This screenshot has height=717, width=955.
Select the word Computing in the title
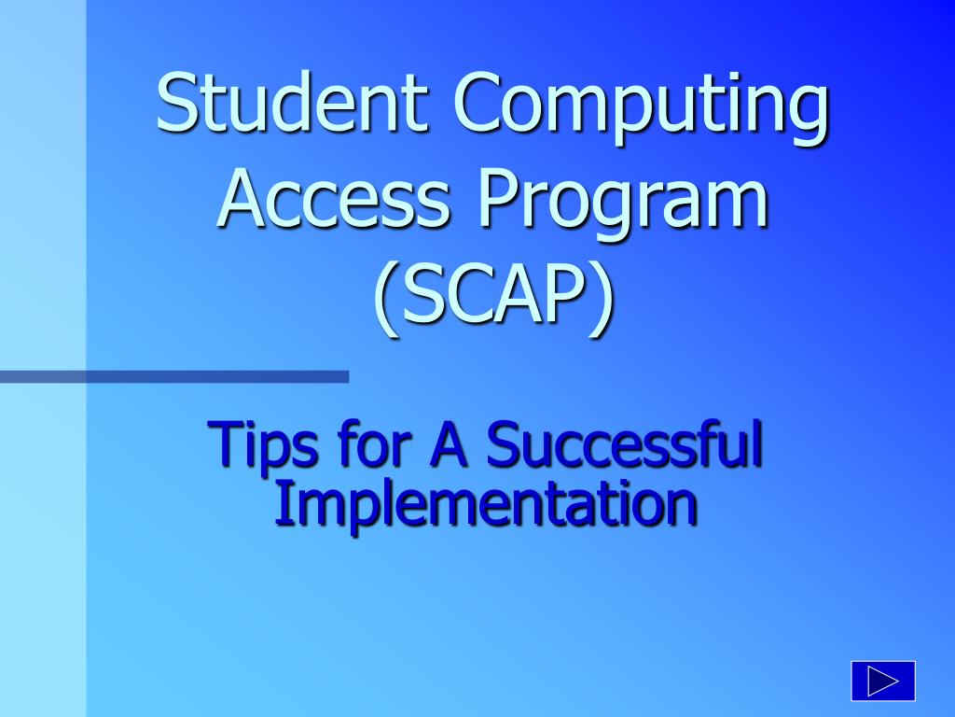[x=641, y=108]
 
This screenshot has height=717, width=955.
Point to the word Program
[x=622, y=204]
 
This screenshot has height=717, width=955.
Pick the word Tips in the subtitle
[x=262, y=446]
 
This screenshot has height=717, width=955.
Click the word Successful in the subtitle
[x=624, y=442]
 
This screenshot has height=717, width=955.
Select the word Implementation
[x=485, y=507]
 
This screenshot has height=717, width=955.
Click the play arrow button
[x=883, y=681]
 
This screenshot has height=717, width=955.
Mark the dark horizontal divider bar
[x=174, y=377]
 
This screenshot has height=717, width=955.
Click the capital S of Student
[x=176, y=102]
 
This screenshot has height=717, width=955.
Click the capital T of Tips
[x=226, y=443]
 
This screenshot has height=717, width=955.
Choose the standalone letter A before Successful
[x=450, y=443]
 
